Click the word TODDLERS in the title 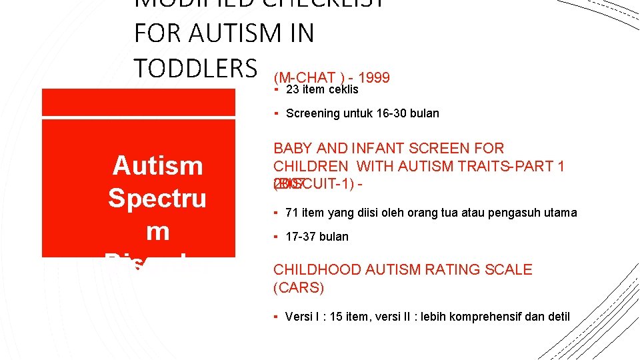tap(195, 67)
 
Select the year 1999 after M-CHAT tap(374, 78)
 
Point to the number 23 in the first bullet tap(291, 89)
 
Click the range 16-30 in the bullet tap(386, 113)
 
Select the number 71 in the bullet tap(291, 213)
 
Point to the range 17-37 tap(301, 237)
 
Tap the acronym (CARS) tap(299, 288)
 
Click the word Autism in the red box tap(158, 165)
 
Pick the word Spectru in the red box tap(157, 198)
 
